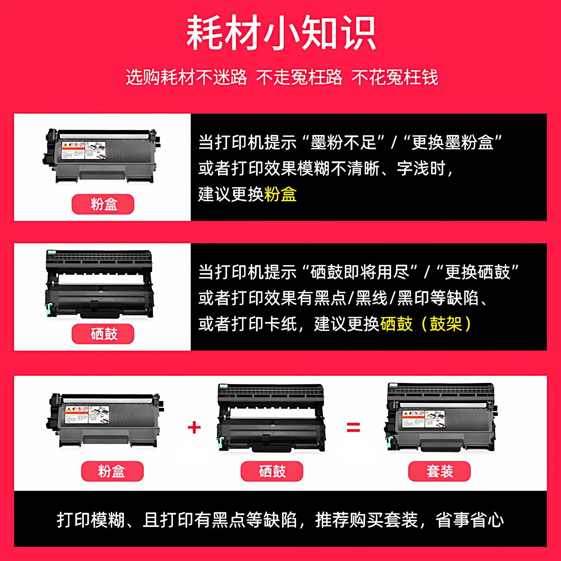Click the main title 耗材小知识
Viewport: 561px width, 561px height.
tap(280, 33)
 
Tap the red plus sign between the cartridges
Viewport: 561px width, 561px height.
tap(194, 427)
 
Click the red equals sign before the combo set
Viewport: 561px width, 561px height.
tap(353, 427)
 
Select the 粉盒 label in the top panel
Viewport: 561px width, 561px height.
tap(103, 204)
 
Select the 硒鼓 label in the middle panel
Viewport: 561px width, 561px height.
tap(103, 334)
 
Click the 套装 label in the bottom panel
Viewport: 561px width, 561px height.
tap(439, 471)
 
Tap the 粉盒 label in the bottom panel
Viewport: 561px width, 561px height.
tap(112, 471)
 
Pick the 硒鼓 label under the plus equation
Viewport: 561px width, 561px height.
tap(272, 471)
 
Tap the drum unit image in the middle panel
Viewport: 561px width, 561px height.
tap(100, 284)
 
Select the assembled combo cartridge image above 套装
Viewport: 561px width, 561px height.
tap(440, 417)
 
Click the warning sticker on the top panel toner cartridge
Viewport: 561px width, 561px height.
tap(83, 150)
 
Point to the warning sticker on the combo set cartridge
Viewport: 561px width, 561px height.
tap(423, 419)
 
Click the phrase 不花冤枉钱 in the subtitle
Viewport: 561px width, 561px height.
tap(395, 77)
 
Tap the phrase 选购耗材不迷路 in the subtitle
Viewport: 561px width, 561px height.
tap(186, 77)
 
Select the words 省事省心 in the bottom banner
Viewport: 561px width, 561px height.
tap(469, 520)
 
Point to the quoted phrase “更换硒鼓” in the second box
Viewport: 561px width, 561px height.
tap(477, 272)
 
